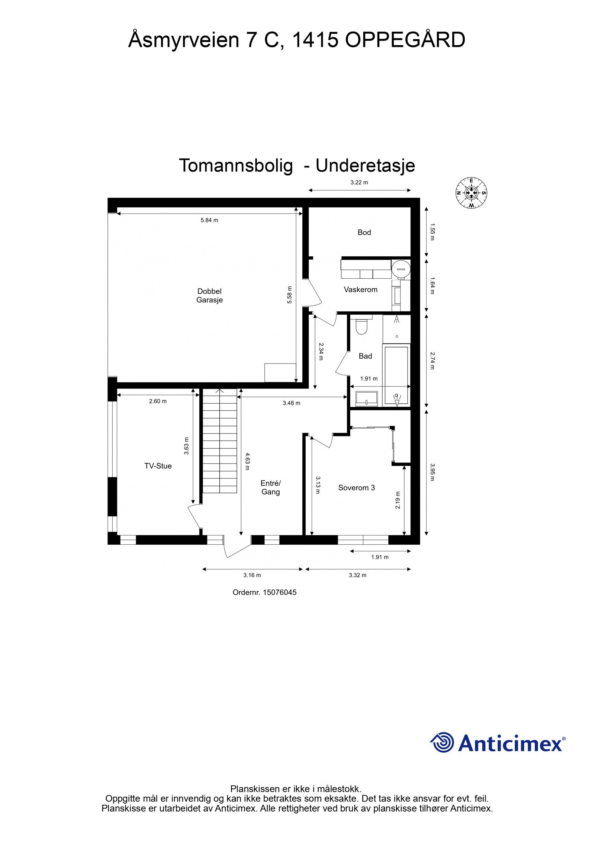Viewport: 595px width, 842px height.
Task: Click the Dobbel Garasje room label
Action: [x=209, y=295]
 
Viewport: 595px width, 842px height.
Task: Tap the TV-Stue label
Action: [x=158, y=466]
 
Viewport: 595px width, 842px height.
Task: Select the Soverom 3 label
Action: [x=356, y=487]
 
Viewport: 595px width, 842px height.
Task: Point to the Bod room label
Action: [x=364, y=232]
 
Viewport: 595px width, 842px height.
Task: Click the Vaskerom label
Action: [x=360, y=289]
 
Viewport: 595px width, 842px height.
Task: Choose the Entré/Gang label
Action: [x=270, y=487]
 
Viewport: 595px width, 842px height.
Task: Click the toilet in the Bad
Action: [x=361, y=327]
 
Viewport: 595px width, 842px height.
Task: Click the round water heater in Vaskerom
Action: [x=401, y=267]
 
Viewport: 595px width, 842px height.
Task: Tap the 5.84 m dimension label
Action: [x=209, y=220]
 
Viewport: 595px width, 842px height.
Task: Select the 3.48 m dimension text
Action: [x=291, y=403]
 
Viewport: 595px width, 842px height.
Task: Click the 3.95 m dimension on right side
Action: [x=432, y=472]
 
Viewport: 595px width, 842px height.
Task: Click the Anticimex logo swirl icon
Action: [x=442, y=743]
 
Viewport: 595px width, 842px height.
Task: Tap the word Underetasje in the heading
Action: [x=365, y=166]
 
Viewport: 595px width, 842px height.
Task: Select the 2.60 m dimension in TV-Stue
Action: [x=158, y=401]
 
